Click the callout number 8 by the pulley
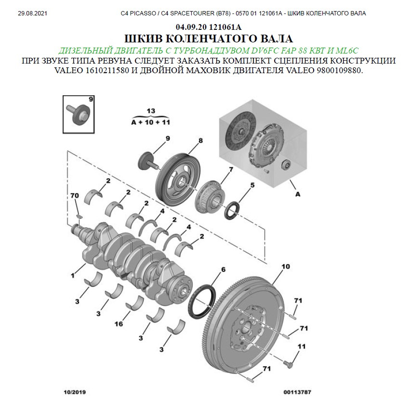pyautogui.click(x=200, y=141)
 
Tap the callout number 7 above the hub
pyautogui.click(x=231, y=169)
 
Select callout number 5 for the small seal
pyautogui.click(x=252, y=185)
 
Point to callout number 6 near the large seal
pyautogui.click(x=223, y=270)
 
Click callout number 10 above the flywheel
pyautogui.click(x=286, y=267)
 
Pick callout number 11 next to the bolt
pyautogui.click(x=302, y=347)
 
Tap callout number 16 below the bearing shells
pyautogui.click(x=119, y=324)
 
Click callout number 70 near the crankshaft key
pyautogui.click(x=75, y=195)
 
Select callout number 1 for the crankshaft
pyautogui.click(x=72, y=275)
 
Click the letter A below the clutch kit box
pyautogui.click(x=298, y=194)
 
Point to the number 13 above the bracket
pyautogui.click(x=151, y=111)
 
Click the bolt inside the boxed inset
pyautogui.click(x=79, y=114)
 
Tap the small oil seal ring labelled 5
pyautogui.click(x=232, y=210)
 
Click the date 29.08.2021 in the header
pyautogui.click(x=32, y=13)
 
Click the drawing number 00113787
pyautogui.click(x=297, y=392)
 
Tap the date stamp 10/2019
pyautogui.click(x=75, y=392)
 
